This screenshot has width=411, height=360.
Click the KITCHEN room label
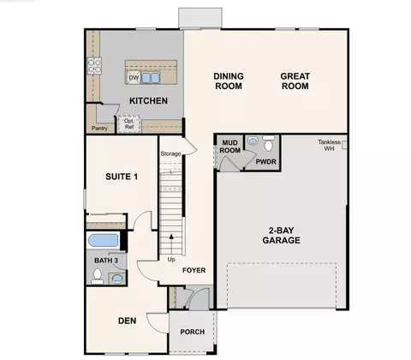pyautogui.click(x=148, y=101)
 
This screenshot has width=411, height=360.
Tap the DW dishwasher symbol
pyautogui.click(x=134, y=77)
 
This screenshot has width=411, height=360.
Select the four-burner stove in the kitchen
pyautogui.click(x=94, y=66)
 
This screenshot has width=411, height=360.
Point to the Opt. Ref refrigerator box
pyautogui.click(x=129, y=124)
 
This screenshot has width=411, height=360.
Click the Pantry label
pyautogui.click(x=99, y=129)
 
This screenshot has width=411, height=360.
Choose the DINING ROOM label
pyautogui.click(x=229, y=81)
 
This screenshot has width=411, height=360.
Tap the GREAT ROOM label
pyautogui.click(x=295, y=81)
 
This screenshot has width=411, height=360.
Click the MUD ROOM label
pyautogui.click(x=229, y=147)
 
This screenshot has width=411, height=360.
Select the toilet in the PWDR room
pyautogui.click(x=268, y=143)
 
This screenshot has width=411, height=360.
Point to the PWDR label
pyautogui.click(x=265, y=162)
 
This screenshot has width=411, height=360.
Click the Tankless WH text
pyautogui.click(x=329, y=145)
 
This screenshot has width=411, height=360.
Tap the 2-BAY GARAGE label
pyautogui.click(x=282, y=236)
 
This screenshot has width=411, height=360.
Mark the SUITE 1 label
pyautogui.click(x=122, y=177)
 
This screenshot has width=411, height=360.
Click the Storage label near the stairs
pyautogui.click(x=170, y=153)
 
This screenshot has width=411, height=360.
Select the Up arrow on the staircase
pyautogui.click(x=171, y=243)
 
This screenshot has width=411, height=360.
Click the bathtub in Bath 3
pyautogui.click(x=103, y=240)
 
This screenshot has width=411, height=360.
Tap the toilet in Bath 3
pyautogui.click(x=98, y=276)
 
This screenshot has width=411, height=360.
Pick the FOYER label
pyautogui.click(x=194, y=270)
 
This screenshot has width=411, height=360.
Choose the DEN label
pyautogui.click(x=128, y=321)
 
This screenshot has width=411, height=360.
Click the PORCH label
pyautogui.click(x=193, y=332)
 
